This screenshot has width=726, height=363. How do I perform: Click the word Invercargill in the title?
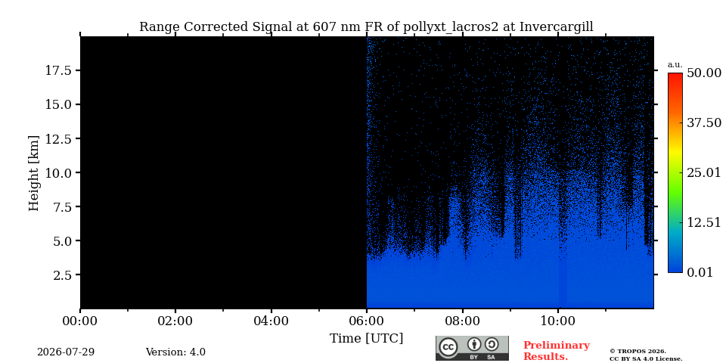pos(556,27)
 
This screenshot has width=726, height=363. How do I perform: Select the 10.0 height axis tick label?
pos(58,172)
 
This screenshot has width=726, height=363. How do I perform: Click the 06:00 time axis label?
pos(367,321)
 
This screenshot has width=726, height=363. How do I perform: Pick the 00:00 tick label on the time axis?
pos(81,321)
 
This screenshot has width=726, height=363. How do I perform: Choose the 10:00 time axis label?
pos(558,321)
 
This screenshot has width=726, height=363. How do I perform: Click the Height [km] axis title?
pos(34,173)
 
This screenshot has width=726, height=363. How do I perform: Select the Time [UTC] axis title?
pos(366,339)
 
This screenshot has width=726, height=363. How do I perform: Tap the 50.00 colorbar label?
pos(704,73)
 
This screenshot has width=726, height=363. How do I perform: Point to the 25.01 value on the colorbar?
pos(704,173)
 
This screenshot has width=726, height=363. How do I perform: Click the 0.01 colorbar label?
pos(700,272)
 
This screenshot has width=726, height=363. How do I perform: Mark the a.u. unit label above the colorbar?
pos(675,65)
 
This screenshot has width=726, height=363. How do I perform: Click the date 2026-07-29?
pos(66,352)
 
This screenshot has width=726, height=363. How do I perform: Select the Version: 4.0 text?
pos(175,352)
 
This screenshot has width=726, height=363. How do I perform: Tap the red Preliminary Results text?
pos(557,351)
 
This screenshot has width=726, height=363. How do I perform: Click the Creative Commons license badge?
pos(472,348)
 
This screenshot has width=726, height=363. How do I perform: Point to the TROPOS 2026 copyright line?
pos(638,352)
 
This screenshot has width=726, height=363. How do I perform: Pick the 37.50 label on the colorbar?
pos(704,123)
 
